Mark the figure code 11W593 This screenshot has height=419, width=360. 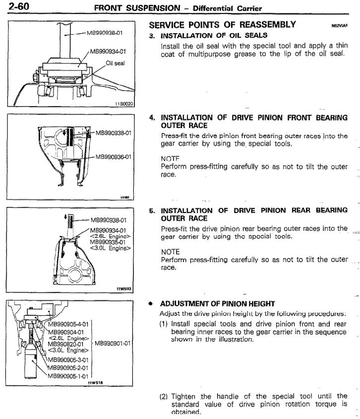[126, 288]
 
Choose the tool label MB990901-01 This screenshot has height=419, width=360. [113, 343]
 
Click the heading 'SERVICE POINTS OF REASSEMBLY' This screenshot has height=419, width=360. [222, 24]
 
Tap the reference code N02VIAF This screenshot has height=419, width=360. [340, 25]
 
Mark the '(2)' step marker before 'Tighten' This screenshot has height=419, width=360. [164, 397]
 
